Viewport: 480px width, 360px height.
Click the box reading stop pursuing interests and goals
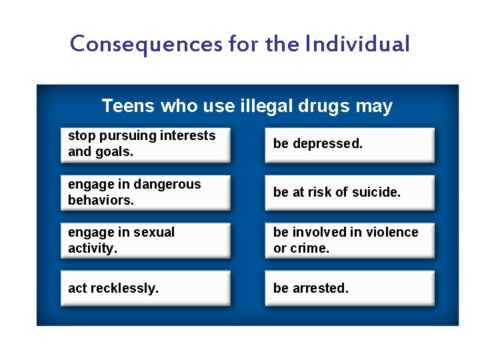[x=145, y=145]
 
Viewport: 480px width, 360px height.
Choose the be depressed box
[x=349, y=145]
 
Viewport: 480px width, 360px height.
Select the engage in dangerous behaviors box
[x=145, y=193]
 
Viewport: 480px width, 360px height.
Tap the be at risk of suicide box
[x=349, y=193]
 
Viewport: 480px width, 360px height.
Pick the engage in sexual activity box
[x=145, y=241]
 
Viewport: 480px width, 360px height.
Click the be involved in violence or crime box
[x=349, y=241]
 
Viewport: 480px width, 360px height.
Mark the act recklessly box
[x=145, y=289]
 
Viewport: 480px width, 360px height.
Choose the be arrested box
[x=349, y=289]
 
